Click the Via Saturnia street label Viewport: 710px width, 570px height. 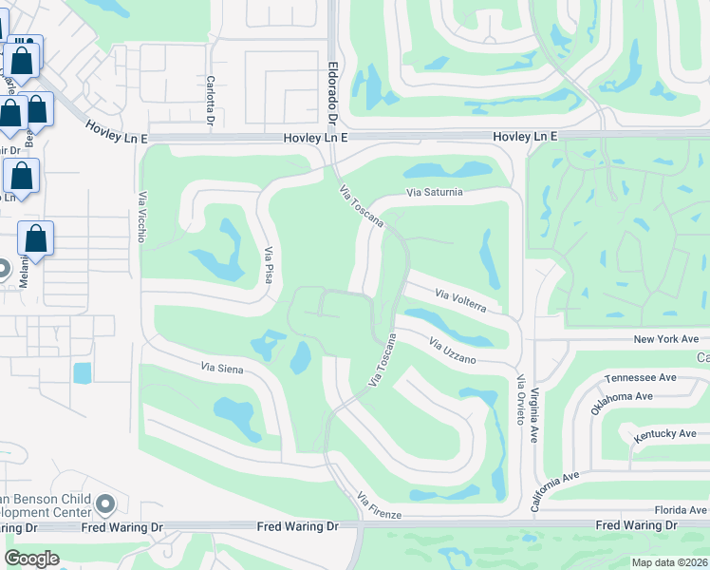pos(435,192)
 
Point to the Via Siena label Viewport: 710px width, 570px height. pos(222,368)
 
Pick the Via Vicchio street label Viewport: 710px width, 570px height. pos(142,218)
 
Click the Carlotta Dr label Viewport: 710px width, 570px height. pos(210,101)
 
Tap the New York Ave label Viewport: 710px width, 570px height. pos(665,339)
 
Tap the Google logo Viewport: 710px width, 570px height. pos(32,559)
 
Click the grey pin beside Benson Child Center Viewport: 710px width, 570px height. pos(105,503)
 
